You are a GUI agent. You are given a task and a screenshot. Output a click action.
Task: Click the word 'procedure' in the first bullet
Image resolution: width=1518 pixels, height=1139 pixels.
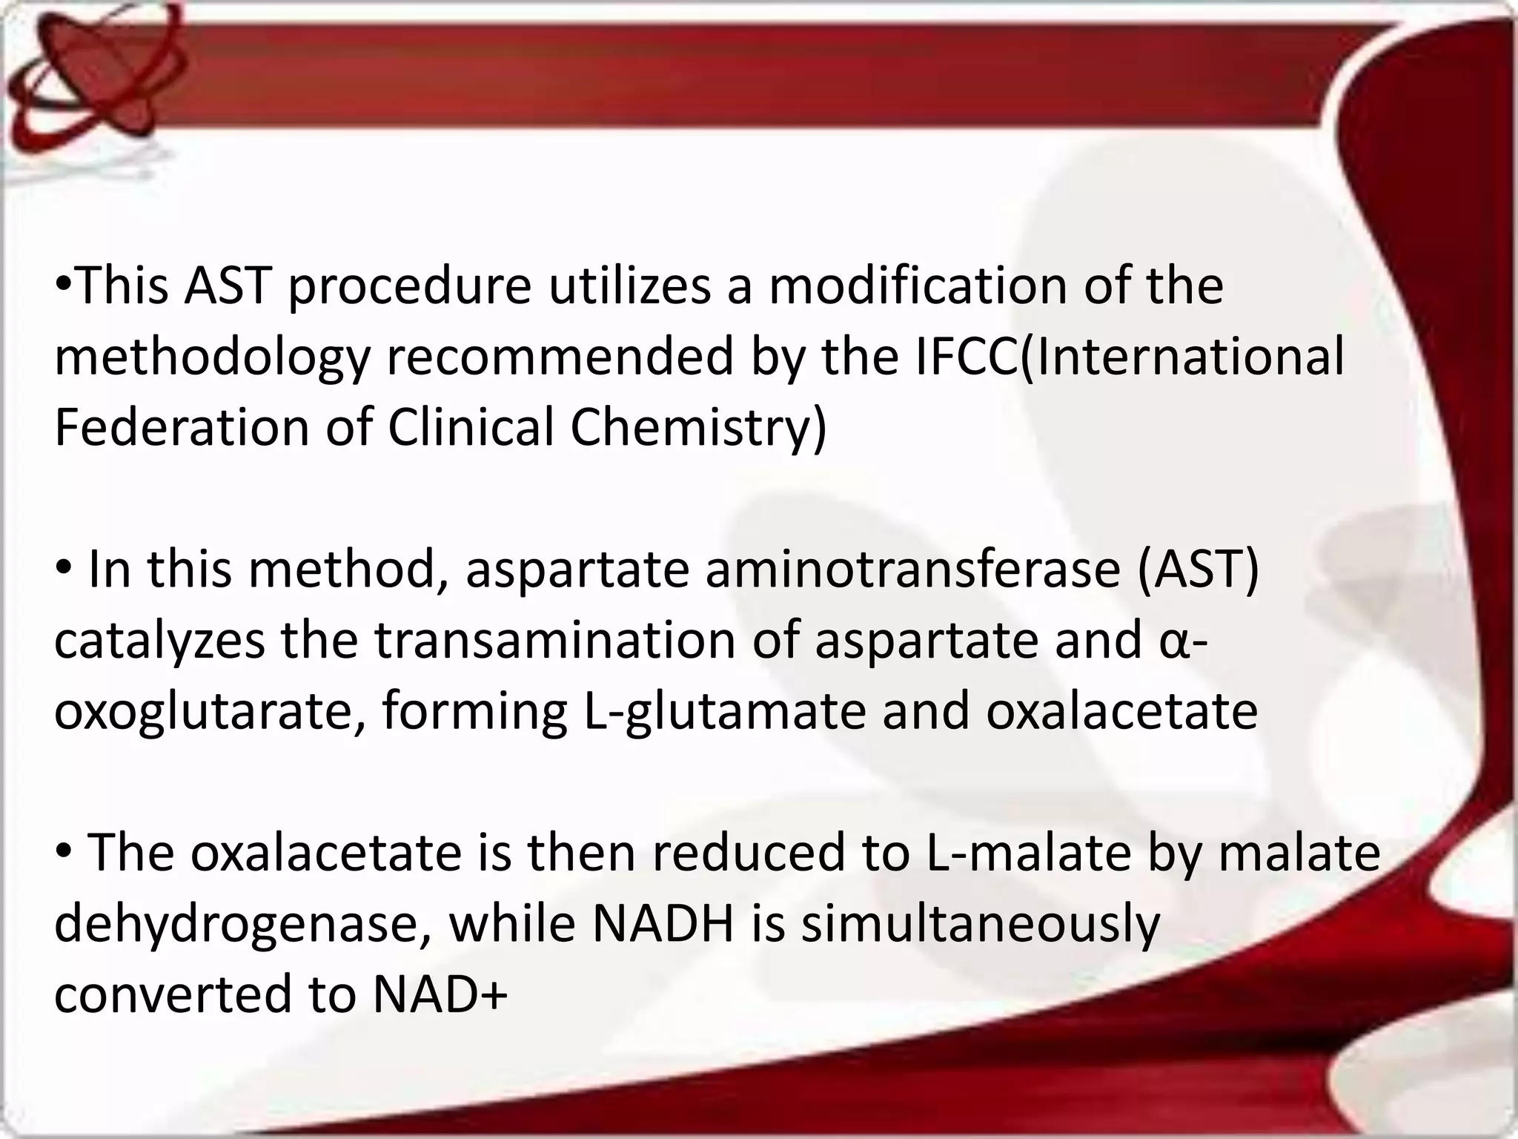tap(409, 287)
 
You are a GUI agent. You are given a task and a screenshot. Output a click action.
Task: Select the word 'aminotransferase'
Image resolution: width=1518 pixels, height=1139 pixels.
tap(912, 569)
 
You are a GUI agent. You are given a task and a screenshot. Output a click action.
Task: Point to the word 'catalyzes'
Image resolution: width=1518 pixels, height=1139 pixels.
tap(159, 641)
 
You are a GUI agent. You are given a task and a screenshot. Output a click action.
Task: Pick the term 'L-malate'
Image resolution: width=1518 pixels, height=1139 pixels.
tap(1029, 853)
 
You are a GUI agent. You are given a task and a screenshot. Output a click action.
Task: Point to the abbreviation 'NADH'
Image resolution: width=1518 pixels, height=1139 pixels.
tap(663, 924)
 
